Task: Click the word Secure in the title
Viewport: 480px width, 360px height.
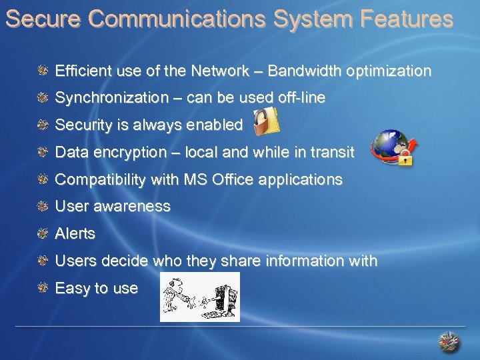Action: tap(43, 19)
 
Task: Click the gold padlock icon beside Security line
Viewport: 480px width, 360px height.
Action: tap(267, 121)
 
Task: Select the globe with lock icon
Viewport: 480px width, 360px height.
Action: tap(392, 148)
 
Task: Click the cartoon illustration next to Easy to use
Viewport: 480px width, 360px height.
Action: tap(199, 297)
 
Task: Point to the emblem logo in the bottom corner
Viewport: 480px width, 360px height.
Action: tap(449, 342)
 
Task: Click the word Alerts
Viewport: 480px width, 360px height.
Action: tap(75, 234)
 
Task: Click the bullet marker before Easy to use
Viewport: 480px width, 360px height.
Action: tap(43, 288)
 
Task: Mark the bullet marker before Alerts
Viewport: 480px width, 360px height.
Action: tap(43, 233)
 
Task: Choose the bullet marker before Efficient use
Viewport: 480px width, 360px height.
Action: tap(43, 70)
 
